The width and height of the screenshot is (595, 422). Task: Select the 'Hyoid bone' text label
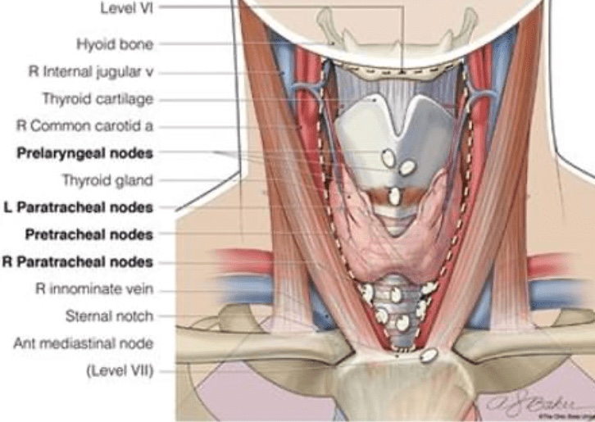(x=114, y=43)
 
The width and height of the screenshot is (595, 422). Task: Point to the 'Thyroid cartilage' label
(x=98, y=99)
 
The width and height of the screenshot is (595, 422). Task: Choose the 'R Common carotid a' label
(x=85, y=126)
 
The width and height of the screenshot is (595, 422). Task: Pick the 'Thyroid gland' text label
(x=107, y=180)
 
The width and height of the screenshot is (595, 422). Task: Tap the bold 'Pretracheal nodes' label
(x=89, y=234)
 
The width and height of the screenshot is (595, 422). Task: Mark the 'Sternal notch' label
(x=109, y=315)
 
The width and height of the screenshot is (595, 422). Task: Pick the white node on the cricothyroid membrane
(x=394, y=196)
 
